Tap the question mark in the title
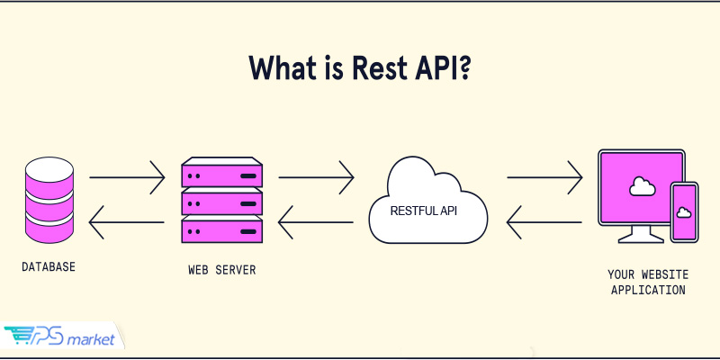463,68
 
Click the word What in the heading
282,68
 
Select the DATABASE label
49,266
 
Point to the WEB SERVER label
221,269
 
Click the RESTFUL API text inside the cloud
423,211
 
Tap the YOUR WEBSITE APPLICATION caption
648,282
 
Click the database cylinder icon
49,200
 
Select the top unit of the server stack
221,172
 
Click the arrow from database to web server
127,177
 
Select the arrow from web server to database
126,222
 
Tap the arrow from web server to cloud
317,177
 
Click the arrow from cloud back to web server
316,222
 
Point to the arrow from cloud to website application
544,177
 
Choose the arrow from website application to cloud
544,222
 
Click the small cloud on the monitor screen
642,186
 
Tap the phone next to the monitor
684,212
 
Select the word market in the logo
91,340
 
